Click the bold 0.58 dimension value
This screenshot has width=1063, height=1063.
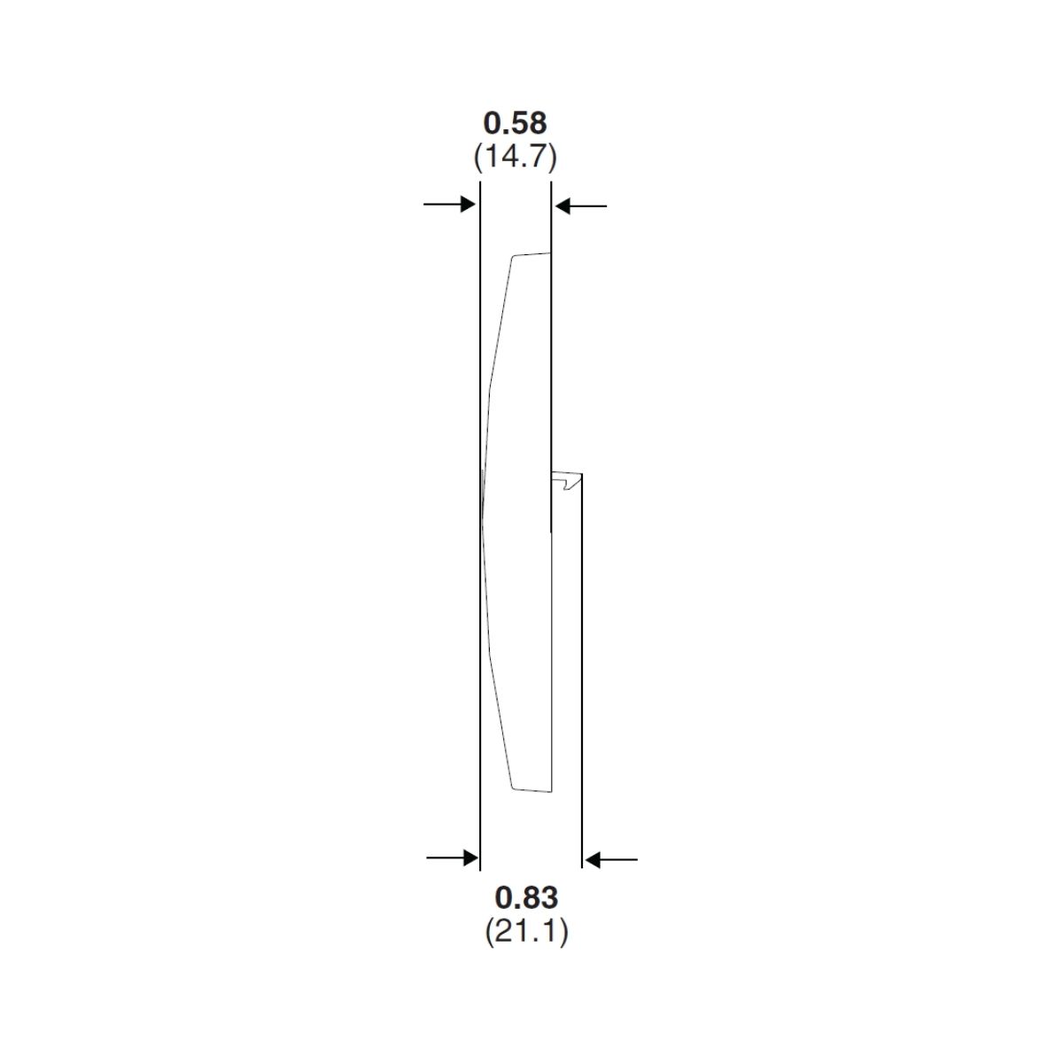[x=515, y=122]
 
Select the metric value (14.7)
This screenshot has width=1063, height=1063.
[x=515, y=158]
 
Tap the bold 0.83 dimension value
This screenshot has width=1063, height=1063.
[x=526, y=897]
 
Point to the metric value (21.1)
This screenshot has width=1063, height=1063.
[x=526, y=932]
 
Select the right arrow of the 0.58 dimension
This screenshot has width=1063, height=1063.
[x=580, y=206]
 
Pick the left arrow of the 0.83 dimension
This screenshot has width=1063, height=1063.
[x=453, y=858]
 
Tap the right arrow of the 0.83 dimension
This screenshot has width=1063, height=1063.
[x=611, y=859]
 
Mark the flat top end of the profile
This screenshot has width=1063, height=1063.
[x=531, y=255]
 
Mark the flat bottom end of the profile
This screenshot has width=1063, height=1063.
[x=532, y=789]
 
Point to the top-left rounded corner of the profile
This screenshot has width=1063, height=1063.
[x=513, y=260]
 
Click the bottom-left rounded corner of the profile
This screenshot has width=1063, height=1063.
[x=513, y=785]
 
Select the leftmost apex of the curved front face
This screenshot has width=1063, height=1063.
[x=482, y=523]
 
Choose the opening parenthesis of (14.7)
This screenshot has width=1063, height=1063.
[x=477, y=158]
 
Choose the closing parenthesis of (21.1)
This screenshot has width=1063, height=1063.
[x=563, y=932]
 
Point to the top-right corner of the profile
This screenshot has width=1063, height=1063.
[x=550, y=253]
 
